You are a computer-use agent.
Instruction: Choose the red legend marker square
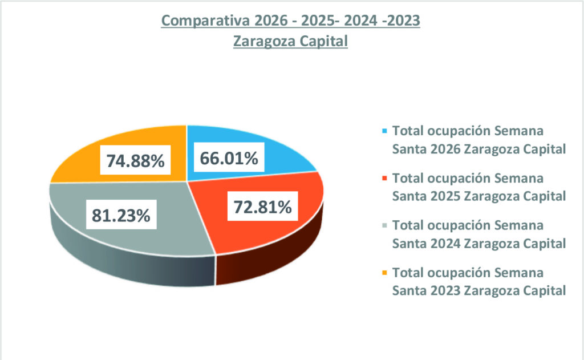tap(386, 177)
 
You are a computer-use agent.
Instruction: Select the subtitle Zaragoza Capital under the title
tap(290, 42)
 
